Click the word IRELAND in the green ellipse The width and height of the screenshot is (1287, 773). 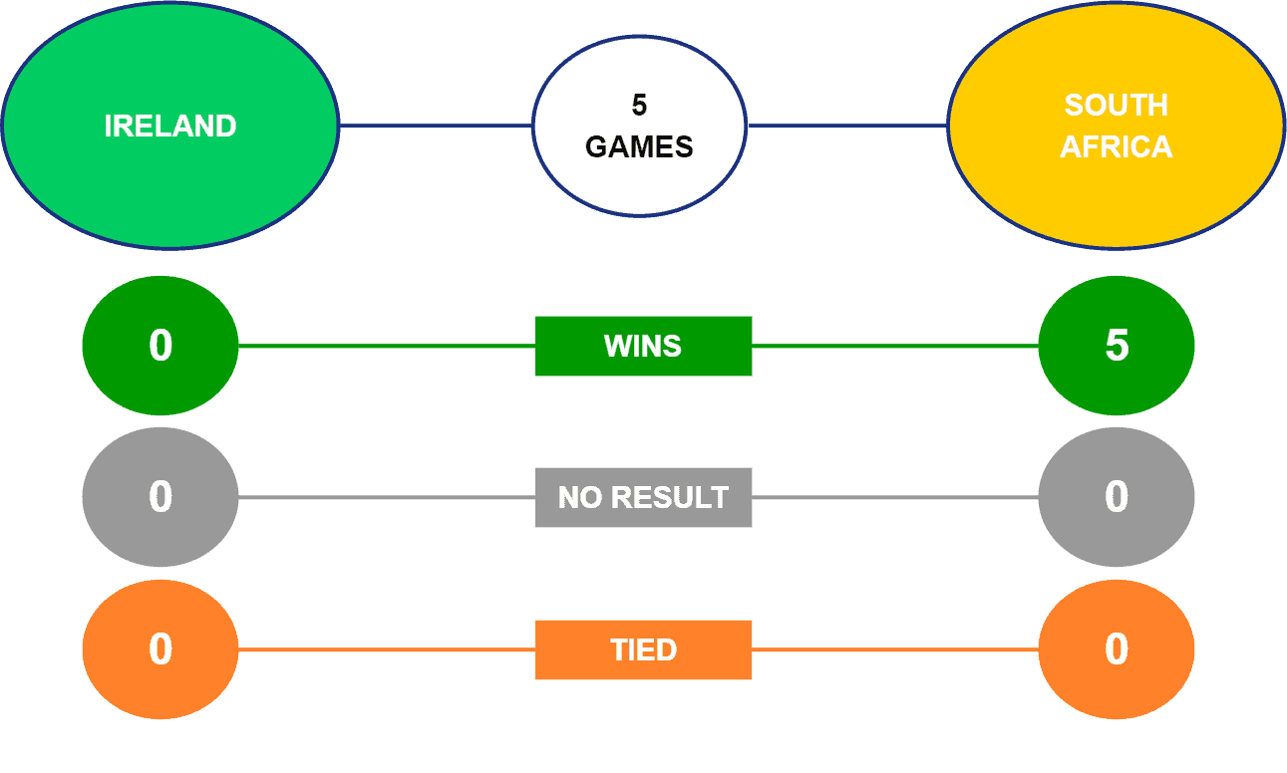click(170, 126)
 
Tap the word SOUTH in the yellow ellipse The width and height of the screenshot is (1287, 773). click(1116, 106)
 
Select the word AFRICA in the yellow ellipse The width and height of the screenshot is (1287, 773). click(1116, 147)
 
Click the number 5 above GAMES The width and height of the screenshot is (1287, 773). click(639, 106)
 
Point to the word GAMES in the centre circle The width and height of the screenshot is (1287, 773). click(639, 147)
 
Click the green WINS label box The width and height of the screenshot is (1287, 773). click(644, 346)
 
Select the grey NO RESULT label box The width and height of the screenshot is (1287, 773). click(644, 497)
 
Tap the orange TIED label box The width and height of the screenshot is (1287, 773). click(644, 649)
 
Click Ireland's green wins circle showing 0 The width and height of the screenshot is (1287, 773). click(161, 346)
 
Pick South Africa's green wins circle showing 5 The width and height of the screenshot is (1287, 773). click(1117, 346)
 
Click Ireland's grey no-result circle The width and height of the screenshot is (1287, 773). click(161, 497)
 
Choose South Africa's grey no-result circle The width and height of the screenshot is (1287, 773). click(1117, 497)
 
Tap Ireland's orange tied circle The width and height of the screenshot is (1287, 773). click(161, 649)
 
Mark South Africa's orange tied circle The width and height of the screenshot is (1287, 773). click(1117, 649)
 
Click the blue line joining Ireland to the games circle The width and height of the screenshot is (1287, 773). click(436, 126)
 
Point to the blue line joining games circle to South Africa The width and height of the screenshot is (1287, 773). click(847, 126)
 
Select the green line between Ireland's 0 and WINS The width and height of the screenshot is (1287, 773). click(387, 346)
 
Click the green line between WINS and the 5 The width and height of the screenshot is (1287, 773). click(895, 346)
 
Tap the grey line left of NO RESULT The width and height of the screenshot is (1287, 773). click(387, 497)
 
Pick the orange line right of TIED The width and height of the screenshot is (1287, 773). click(895, 649)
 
